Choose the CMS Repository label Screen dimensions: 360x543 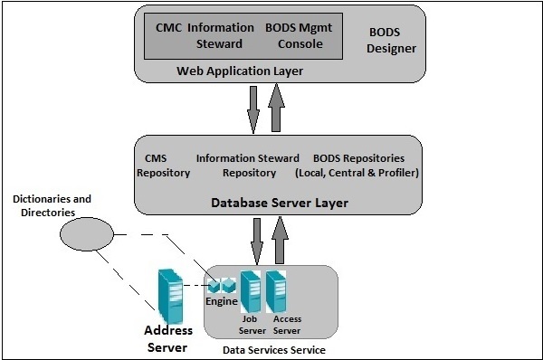tap(164, 165)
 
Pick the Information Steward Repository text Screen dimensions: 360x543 tap(249, 165)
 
